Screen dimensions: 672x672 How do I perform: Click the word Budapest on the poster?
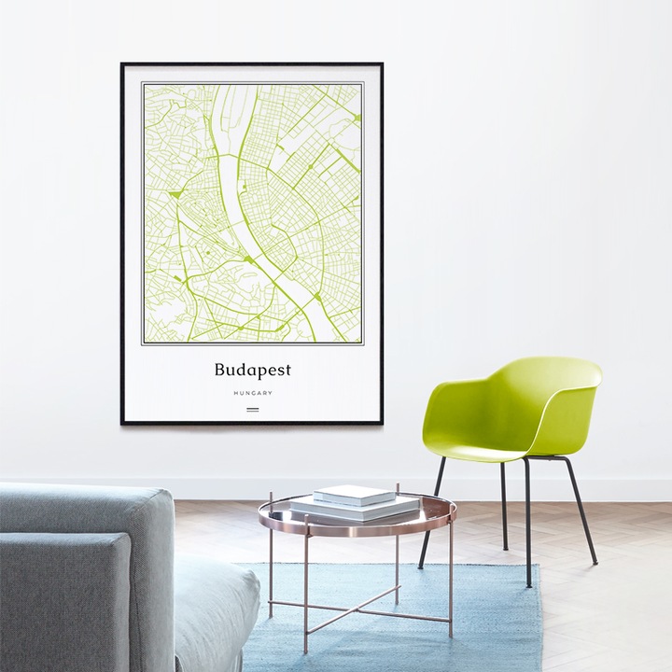[252, 370]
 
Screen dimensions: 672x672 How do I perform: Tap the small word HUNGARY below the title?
[252, 393]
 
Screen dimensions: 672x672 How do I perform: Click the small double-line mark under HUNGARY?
[252, 409]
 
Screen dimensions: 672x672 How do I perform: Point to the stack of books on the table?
[354, 504]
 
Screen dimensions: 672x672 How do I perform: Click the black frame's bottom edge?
[252, 423]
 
